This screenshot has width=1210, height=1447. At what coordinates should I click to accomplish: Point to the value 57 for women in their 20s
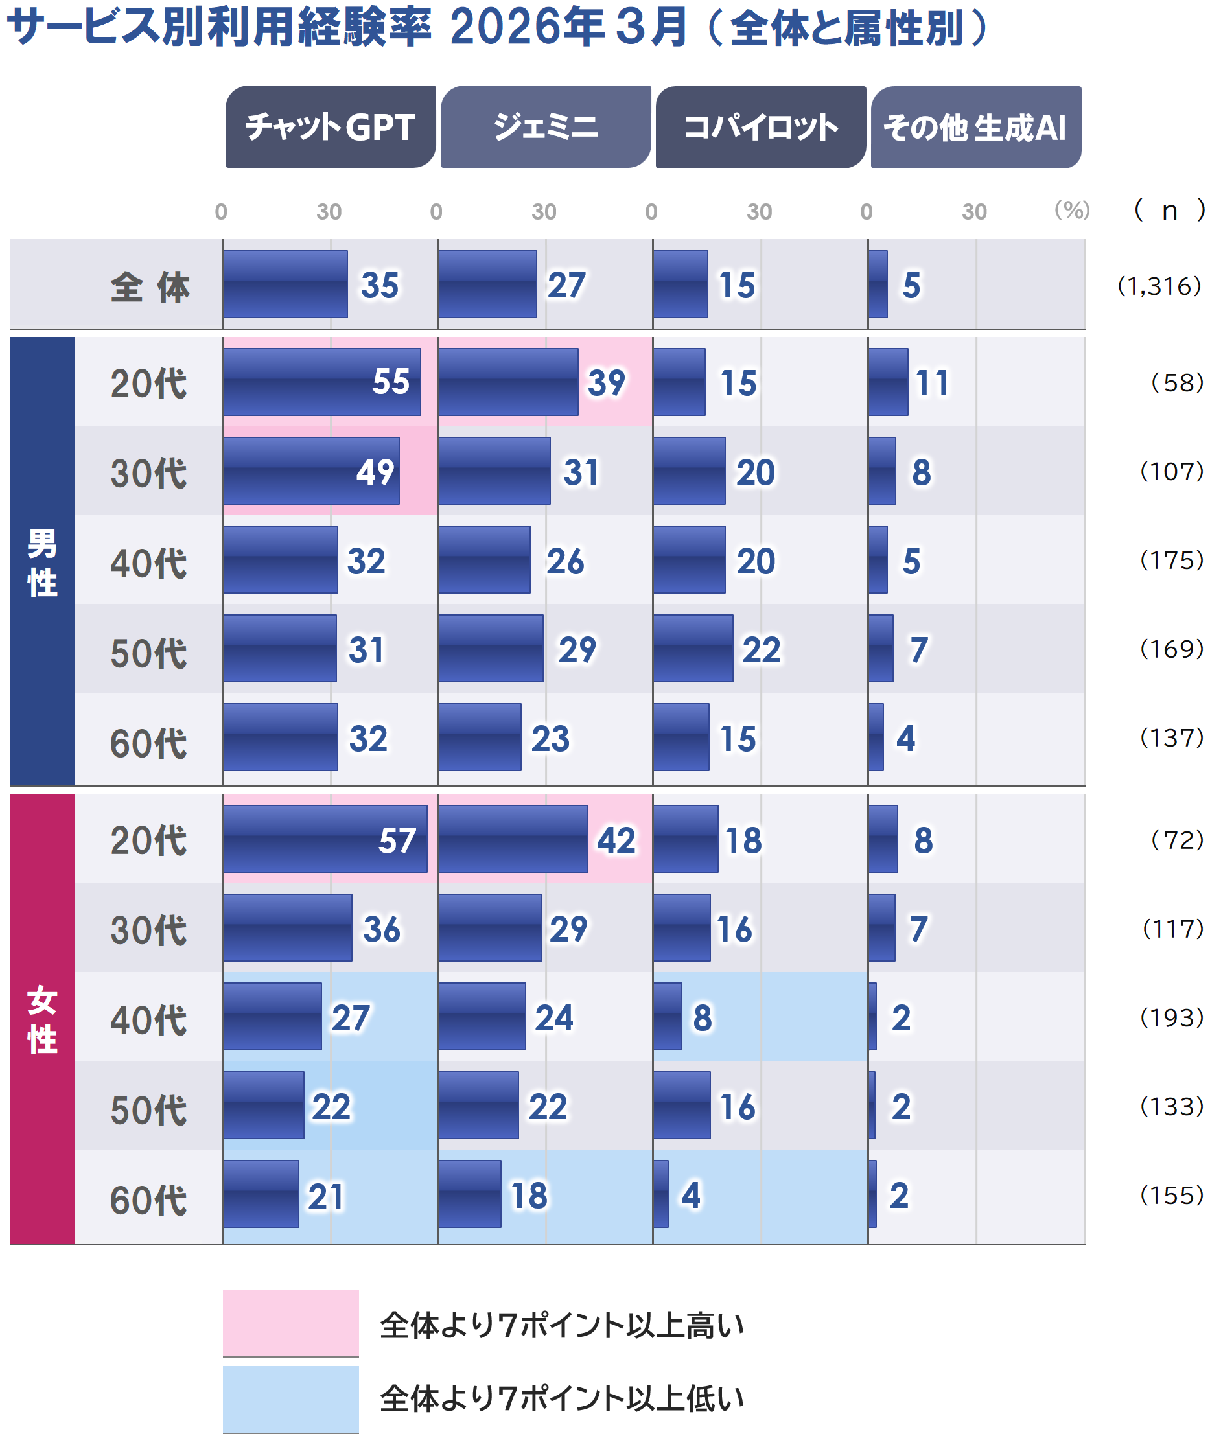[x=396, y=840]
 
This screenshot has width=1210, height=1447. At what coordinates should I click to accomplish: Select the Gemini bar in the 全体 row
[x=487, y=284]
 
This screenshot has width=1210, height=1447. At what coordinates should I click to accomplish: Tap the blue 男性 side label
[x=42, y=562]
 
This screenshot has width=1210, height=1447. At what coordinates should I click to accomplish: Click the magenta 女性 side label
[x=42, y=1019]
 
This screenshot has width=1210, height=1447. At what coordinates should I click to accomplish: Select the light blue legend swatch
[x=290, y=1398]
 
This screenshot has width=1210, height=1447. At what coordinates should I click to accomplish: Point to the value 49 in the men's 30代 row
[x=375, y=472]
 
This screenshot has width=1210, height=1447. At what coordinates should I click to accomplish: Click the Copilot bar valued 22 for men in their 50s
[x=693, y=649]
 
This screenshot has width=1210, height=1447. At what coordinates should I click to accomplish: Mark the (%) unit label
[x=1071, y=210]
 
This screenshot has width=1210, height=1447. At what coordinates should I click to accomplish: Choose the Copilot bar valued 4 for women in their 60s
[x=660, y=1194]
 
